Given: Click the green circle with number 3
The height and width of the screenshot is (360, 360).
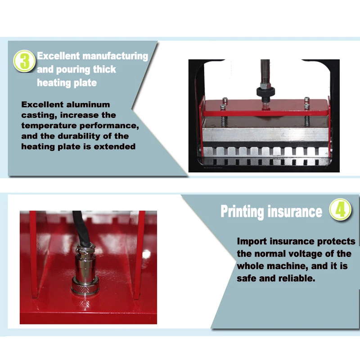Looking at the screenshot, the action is (24, 61).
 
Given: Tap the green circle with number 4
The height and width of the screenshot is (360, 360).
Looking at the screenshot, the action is (340, 209).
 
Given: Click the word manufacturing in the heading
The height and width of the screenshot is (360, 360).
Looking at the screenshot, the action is (115, 56).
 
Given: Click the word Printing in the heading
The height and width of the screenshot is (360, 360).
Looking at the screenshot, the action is (242, 211).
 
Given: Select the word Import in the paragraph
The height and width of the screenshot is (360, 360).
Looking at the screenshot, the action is (252, 242).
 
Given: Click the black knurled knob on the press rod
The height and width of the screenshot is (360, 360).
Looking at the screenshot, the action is (265, 92).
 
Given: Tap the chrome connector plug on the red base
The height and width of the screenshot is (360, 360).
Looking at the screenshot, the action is (85, 270).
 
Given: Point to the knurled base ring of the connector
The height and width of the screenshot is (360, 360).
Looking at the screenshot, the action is (85, 289).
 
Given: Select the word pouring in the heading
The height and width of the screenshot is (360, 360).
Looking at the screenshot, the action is (73, 70).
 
